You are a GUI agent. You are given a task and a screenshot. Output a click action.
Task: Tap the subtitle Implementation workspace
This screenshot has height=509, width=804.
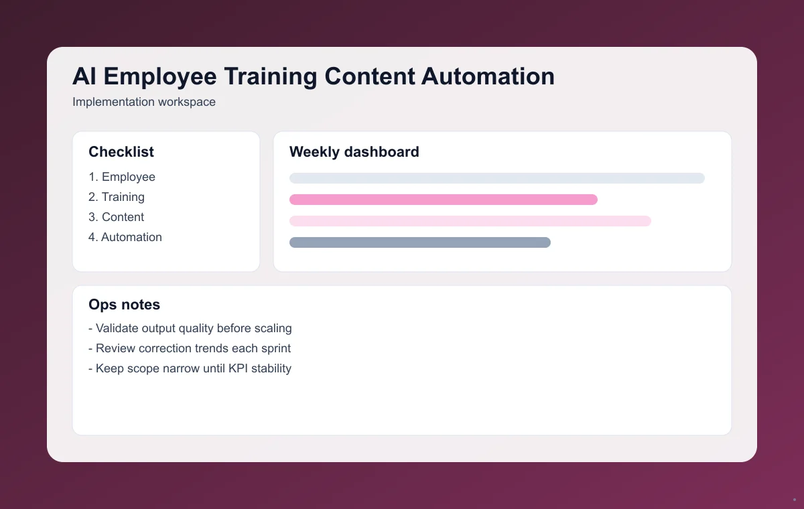(x=144, y=102)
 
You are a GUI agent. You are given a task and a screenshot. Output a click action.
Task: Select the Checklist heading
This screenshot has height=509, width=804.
(x=121, y=152)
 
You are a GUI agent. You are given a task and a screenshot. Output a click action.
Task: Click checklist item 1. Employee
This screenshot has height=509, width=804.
(x=122, y=177)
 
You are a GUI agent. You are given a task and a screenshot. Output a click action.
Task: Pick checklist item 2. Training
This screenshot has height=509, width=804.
(x=117, y=197)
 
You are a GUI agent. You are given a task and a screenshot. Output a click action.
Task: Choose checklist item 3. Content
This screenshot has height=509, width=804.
(x=117, y=217)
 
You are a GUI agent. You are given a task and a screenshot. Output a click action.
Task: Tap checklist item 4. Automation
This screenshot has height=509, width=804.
(x=125, y=237)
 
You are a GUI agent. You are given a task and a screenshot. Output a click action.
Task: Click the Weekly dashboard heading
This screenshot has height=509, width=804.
(x=354, y=152)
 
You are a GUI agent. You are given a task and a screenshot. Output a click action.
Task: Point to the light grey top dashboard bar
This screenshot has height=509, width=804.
(x=497, y=178)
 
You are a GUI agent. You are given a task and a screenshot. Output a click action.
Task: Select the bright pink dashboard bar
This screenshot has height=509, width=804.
(x=444, y=200)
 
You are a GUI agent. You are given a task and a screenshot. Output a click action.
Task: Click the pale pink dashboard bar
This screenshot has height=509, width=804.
(x=470, y=221)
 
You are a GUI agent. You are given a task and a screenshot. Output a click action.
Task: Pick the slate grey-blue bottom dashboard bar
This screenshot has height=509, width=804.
(x=420, y=242)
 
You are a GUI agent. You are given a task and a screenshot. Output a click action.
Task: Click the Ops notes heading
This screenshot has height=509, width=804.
(x=125, y=305)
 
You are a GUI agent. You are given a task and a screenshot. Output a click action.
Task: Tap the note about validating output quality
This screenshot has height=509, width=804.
(x=190, y=328)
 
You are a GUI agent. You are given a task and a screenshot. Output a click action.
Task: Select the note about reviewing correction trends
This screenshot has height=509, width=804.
(x=190, y=348)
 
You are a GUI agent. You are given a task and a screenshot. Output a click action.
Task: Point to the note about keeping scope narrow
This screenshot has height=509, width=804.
(x=190, y=368)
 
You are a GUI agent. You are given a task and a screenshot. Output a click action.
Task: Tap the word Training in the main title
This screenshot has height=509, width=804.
(x=271, y=76)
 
